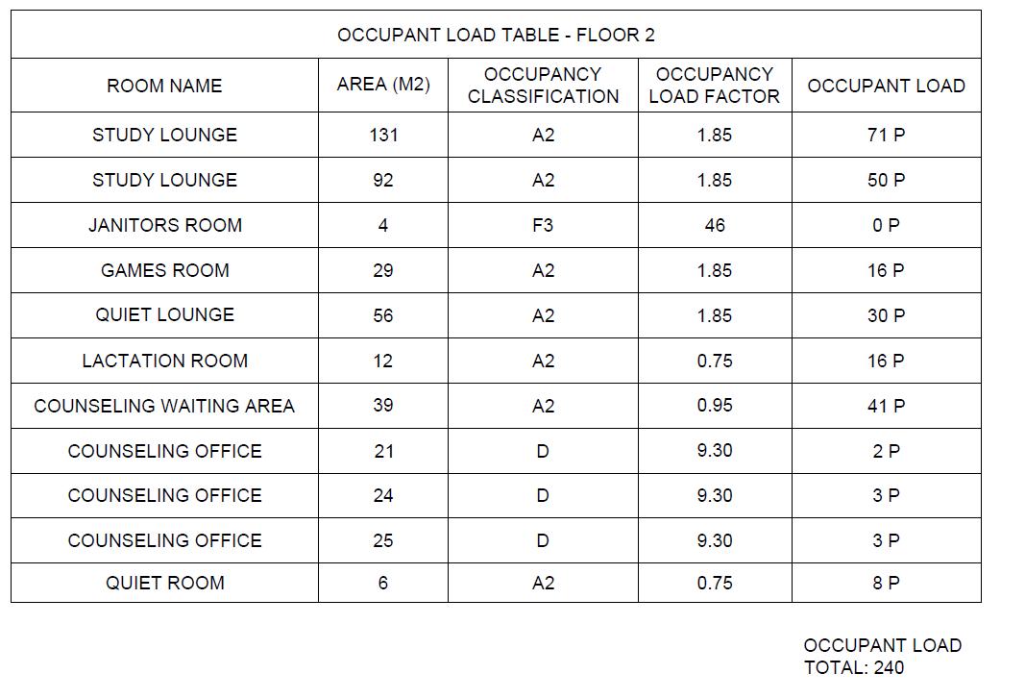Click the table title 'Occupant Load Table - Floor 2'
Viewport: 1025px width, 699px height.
(496, 36)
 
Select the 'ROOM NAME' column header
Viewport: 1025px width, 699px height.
(164, 86)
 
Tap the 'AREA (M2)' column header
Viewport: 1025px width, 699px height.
(383, 85)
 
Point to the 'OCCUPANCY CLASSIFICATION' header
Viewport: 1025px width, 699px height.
(543, 86)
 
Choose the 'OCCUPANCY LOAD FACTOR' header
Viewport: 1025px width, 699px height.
(714, 86)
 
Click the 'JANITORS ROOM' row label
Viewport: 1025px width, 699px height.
(164, 225)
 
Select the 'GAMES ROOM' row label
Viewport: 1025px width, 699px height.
(164, 270)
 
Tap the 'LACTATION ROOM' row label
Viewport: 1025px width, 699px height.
(164, 361)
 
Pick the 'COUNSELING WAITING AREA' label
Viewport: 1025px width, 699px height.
(164, 406)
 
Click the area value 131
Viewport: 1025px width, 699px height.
(383, 136)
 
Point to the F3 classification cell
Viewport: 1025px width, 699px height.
(543, 225)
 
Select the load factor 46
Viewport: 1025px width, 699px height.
(714, 225)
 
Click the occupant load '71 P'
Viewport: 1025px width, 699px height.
(886, 136)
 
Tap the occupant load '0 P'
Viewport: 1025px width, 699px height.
(886, 225)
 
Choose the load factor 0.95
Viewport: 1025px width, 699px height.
(714, 406)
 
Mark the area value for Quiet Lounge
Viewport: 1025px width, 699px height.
(383, 315)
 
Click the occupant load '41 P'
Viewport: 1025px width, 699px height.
(886, 406)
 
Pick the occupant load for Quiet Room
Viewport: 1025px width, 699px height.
(886, 583)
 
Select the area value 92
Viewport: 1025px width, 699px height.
(383, 180)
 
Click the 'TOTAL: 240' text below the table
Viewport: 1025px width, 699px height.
(854, 667)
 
